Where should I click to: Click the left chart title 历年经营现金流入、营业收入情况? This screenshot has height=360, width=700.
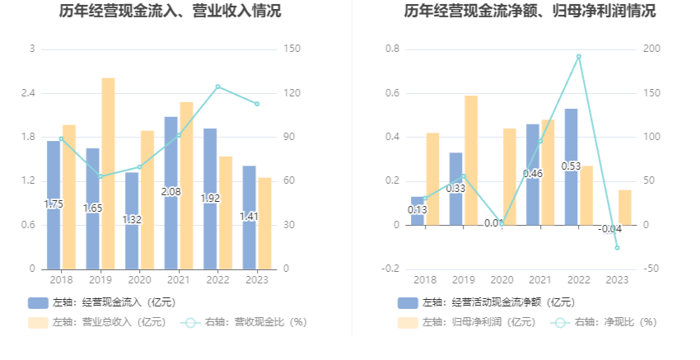170,12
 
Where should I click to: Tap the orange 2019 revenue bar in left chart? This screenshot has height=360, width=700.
108,173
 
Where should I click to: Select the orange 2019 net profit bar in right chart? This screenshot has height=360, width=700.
470,160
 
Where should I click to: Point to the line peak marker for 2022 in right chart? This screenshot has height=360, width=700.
579,57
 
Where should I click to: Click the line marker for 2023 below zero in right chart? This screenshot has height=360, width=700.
617,248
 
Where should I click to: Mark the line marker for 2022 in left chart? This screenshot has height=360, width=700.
217,86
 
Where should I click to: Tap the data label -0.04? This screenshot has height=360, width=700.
609,228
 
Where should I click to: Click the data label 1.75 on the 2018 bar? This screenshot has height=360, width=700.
54,204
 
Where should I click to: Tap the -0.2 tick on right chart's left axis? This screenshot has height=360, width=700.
391,269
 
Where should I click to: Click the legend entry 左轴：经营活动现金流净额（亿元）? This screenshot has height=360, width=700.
486,303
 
